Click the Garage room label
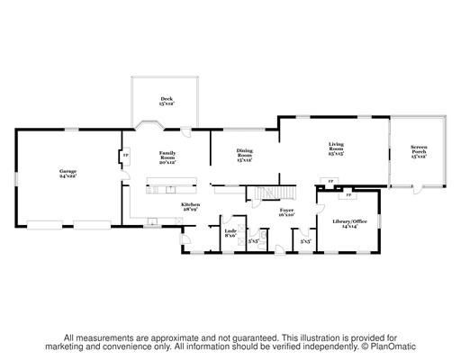[x=68, y=173]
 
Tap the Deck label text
[x=167, y=102]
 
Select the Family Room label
[x=167, y=157]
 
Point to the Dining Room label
[x=245, y=155]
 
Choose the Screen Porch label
[x=419, y=152]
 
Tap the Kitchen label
[x=190, y=208]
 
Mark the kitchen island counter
[x=174, y=189]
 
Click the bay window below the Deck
[x=148, y=125]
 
